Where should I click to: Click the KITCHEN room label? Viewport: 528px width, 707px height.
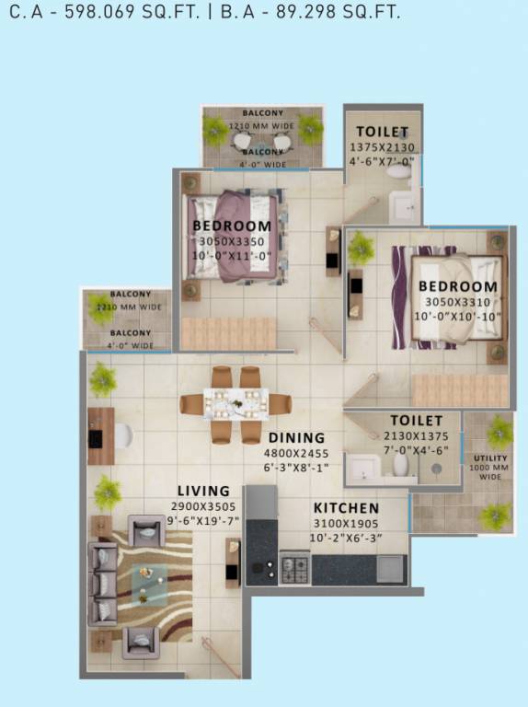(346, 508)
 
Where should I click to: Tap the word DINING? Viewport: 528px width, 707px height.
(297, 438)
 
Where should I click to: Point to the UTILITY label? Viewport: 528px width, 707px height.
(490, 458)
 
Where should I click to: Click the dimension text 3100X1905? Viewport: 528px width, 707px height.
(346, 523)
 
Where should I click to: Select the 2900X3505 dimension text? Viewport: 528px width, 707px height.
(204, 506)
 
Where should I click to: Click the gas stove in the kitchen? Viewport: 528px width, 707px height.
(294, 569)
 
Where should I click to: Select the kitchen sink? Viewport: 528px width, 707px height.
(391, 568)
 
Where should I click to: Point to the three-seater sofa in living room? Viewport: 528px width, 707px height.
(102, 584)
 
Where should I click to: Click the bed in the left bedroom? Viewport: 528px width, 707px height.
(233, 237)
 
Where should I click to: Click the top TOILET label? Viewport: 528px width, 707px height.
(382, 132)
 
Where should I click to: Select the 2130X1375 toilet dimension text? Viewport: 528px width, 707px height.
(416, 435)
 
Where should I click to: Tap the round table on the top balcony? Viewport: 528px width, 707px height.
(263, 142)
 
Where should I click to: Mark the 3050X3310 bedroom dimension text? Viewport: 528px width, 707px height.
(457, 301)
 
